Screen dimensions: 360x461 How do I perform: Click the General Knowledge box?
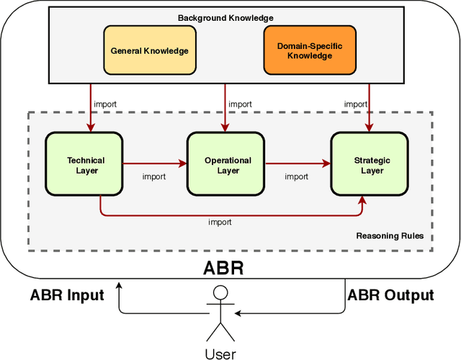149,51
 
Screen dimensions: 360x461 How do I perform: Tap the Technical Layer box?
86,166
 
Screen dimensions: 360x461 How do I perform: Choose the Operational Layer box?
228,166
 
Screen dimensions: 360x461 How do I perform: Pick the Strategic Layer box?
372,166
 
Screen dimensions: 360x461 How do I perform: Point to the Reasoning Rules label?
390,236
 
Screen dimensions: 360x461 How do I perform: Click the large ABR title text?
223,269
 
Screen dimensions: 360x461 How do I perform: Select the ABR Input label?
67,295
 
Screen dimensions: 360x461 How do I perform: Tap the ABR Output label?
390,295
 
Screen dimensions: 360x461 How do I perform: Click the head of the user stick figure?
221,292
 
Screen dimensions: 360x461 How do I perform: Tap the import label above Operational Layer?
240,104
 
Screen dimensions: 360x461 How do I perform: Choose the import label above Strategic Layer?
355,104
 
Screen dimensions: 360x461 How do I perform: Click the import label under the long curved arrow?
220,222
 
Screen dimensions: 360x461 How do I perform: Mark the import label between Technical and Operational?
153,176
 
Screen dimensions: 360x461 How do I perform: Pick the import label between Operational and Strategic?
296,176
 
